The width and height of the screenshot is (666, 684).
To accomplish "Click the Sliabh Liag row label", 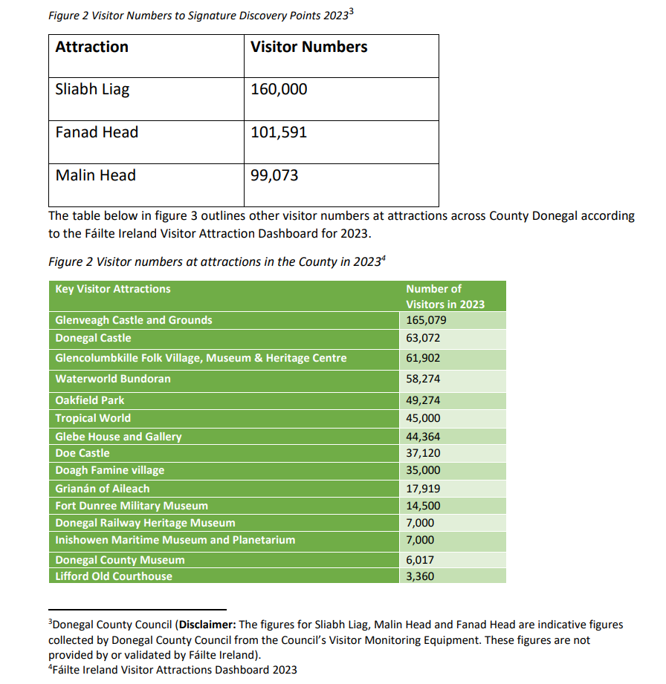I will click(x=92, y=90).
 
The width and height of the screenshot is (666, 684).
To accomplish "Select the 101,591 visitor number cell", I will click(x=279, y=133).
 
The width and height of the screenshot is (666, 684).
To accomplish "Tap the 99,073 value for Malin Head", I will click(x=274, y=176).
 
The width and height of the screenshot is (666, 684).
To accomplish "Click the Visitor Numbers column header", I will click(x=308, y=47).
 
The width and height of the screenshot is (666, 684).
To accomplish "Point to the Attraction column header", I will click(x=91, y=47).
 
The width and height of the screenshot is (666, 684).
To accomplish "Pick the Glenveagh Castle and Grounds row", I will click(x=134, y=320).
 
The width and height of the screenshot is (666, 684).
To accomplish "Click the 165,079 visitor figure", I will click(x=426, y=320).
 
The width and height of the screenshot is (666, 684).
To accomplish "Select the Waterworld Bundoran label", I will click(x=113, y=379).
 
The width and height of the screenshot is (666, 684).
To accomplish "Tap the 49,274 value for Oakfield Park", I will click(x=423, y=400).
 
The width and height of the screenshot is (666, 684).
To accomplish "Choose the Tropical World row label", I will click(x=93, y=418).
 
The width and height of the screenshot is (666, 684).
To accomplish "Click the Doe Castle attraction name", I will click(x=83, y=453).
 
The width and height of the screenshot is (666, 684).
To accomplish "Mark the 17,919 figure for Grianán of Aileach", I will click(x=423, y=489).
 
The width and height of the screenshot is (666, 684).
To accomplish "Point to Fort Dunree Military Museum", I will click(x=132, y=506).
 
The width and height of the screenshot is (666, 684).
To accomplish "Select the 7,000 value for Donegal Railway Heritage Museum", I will click(x=420, y=523).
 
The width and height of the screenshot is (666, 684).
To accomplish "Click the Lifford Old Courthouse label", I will click(x=114, y=576).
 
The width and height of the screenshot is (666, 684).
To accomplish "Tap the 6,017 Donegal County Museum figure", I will click(x=420, y=560).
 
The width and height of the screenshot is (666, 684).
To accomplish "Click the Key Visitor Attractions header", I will click(x=113, y=289).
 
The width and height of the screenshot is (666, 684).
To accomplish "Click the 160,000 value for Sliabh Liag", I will click(x=279, y=90).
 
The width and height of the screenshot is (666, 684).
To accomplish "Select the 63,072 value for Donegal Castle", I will click(x=423, y=338).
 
